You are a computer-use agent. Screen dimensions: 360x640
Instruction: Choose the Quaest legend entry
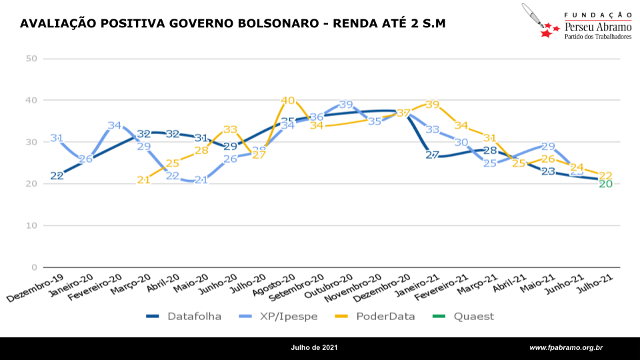pyautogui.click(x=474, y=316)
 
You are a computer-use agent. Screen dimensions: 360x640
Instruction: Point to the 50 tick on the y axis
pyautogui.click(x=31, y=59)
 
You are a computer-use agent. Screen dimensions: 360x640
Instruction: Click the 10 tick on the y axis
pyautogui.click(x=31, y=225)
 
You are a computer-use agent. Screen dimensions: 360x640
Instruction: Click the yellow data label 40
pyautogui.click(x=287, y=101)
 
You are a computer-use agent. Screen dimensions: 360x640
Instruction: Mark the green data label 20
pyautogui.click(x=605, y=184)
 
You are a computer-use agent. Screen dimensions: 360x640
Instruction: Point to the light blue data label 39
pyautogui.click(x=345, y=105)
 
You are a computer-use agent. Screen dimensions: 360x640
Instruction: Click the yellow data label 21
pyautogui.click(x=143, y=180)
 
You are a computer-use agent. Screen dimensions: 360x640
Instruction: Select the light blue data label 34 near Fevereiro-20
pyautogui.click(x=115, y=125)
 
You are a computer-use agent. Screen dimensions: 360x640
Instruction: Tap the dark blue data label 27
pyautogui.click(x=432, y=155)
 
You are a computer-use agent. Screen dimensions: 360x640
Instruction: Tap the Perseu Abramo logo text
pyautogui.click(x=597, y=26)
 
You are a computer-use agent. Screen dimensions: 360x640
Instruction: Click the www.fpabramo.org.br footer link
pyautogui.click(x=566, y=348)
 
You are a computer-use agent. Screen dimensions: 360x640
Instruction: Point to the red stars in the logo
pyautogui.click(x=548, y=29)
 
